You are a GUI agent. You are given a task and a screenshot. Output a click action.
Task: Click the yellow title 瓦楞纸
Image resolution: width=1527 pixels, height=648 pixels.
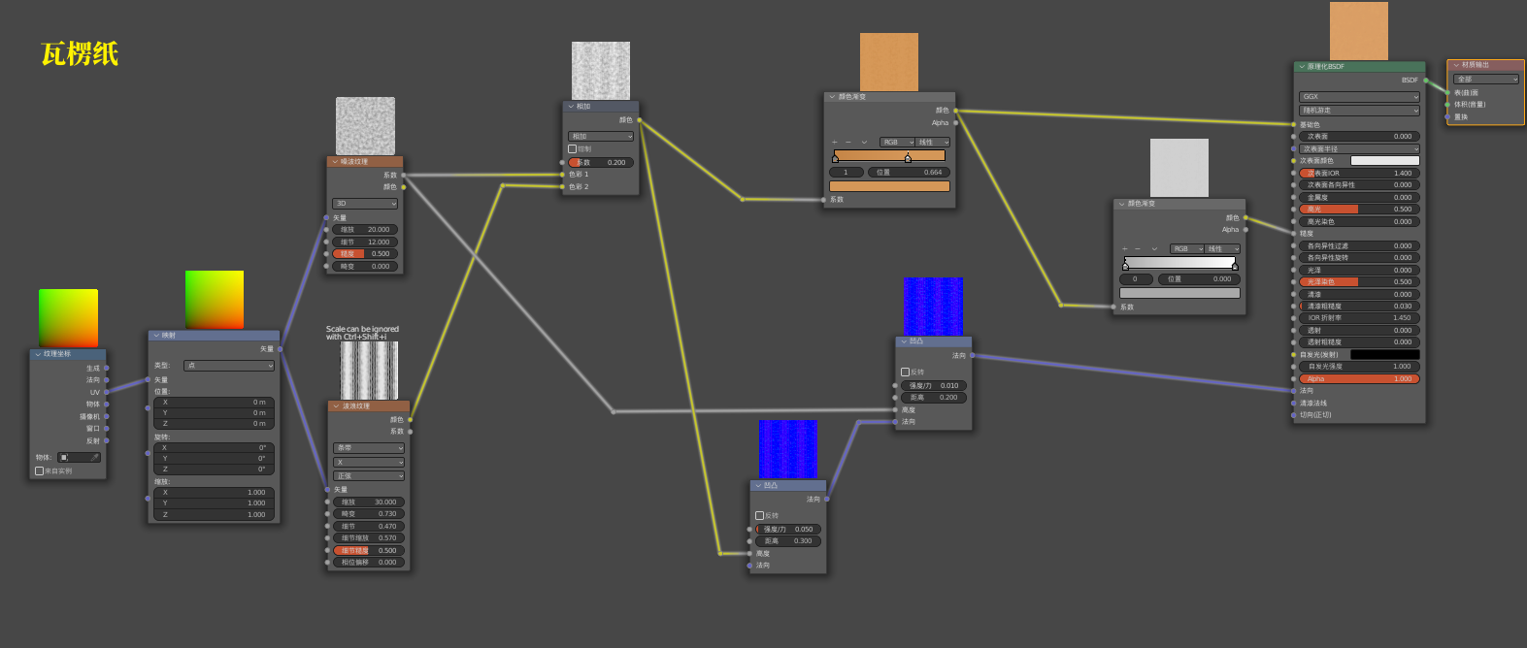click(80, 54)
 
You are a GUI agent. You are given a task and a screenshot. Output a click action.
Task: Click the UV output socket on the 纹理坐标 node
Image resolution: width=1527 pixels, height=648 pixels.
click(107, 392)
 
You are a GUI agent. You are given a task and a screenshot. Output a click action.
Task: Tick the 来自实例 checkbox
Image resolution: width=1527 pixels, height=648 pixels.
click(40, 471)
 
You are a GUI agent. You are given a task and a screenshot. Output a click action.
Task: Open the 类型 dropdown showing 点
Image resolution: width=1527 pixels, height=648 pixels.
click(229, 366)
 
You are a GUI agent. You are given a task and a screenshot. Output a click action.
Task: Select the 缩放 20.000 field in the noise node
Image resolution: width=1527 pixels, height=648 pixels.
click(365, 230)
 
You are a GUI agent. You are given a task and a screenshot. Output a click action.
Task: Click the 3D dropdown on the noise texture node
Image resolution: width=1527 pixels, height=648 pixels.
click(365, 204)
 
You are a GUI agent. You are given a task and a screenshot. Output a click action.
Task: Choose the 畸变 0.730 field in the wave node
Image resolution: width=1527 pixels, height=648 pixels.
click(369, 514)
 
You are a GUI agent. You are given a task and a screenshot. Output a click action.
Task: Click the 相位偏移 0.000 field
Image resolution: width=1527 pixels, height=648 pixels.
click(369, 563)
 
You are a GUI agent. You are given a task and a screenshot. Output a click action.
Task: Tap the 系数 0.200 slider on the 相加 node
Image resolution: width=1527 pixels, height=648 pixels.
click(601, 162)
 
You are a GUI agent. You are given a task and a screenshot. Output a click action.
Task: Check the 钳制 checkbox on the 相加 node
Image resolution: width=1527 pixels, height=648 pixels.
click(573, 149)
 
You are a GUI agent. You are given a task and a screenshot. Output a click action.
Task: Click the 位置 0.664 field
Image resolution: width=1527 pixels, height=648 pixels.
click(909, 173)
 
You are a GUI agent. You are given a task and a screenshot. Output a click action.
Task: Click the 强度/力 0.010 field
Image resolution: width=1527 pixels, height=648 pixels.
click(933, 386)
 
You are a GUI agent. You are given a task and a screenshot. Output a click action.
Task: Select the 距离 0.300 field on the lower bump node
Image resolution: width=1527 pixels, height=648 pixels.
click(787, 541)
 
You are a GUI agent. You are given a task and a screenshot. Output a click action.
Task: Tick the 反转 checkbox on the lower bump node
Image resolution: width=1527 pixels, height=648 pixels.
click(760, 516)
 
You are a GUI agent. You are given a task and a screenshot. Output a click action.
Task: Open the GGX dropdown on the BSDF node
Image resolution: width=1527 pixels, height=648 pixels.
click(1359, 97)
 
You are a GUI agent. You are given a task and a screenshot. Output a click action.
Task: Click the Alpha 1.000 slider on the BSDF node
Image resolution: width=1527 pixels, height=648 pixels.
click(1359, 379)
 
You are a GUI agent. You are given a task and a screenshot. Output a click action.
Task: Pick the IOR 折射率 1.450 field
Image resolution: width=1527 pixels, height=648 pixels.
click(1359, 318)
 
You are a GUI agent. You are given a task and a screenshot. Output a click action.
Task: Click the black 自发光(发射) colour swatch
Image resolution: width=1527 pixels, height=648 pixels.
click(1384, 355)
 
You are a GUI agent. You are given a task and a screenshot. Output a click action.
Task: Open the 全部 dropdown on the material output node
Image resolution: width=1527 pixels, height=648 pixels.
click(1485, 80)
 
